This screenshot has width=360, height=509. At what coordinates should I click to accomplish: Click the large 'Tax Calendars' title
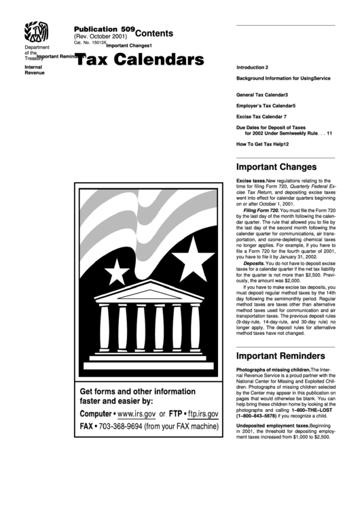(139, 60)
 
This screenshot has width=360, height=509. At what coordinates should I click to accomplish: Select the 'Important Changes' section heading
(276, 166)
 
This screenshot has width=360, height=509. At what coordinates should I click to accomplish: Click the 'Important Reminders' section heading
(281, 356)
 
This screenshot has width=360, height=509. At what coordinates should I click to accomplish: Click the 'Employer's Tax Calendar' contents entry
(266, 106)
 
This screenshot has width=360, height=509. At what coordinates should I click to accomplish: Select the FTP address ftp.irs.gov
(202, 413)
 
